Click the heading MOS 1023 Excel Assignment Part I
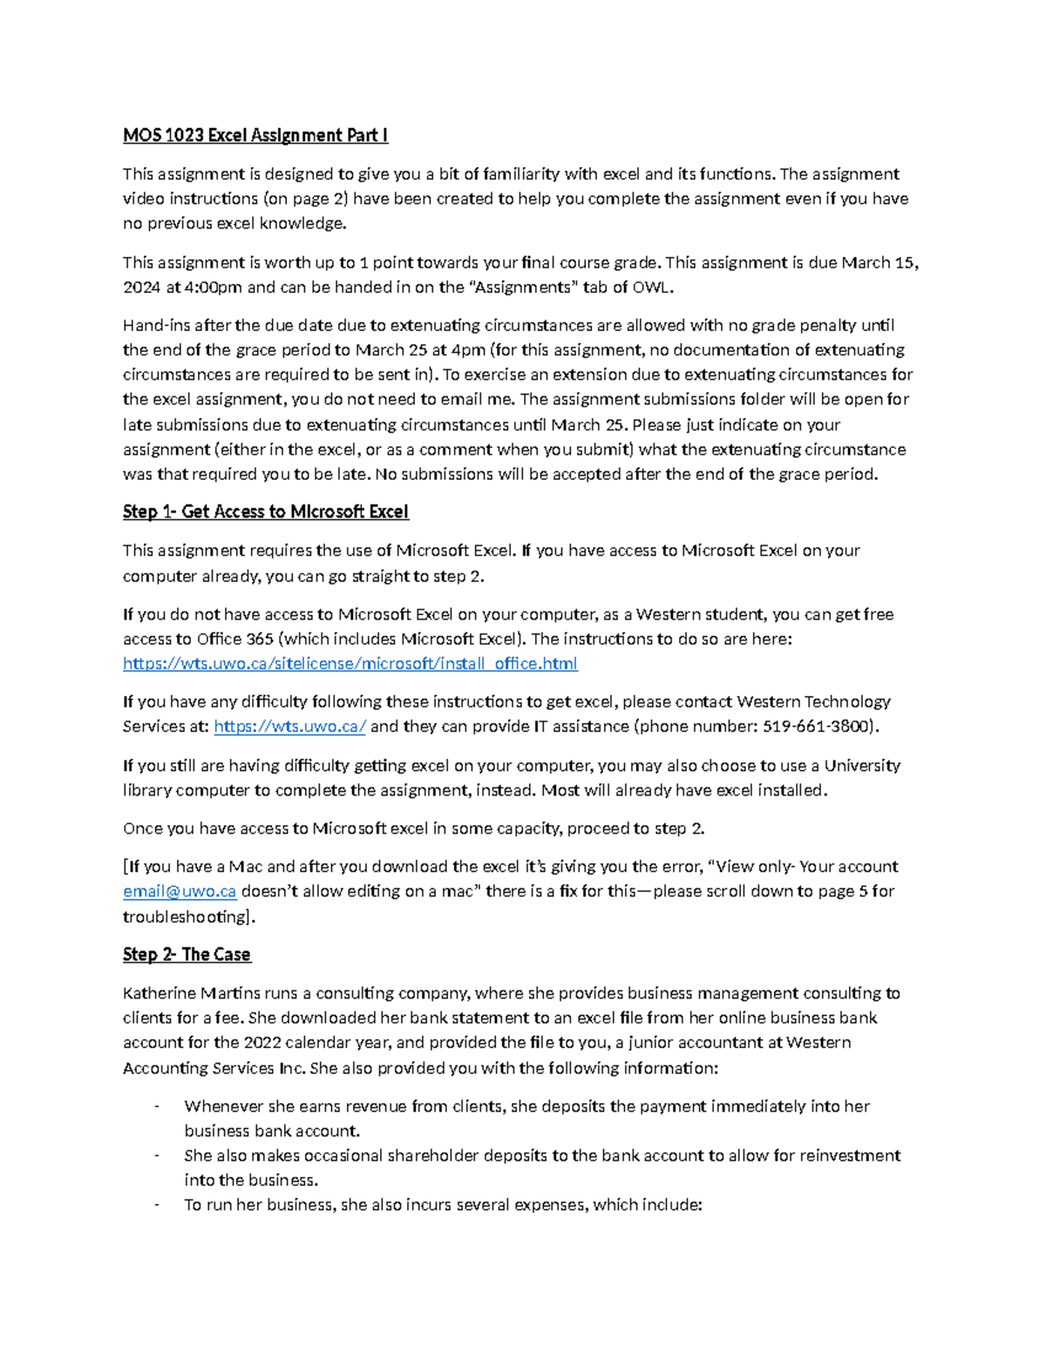coord(255,135)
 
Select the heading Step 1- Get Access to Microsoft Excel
coord(265,511)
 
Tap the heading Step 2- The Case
coord(187,954)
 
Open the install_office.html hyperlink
coord(350,664)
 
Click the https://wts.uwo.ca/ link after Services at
coord(289,727)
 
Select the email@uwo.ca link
coord(180,891)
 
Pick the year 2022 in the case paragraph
coord(262,1043)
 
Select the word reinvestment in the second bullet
coord(849,1156)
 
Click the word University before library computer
coord(862,766)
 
